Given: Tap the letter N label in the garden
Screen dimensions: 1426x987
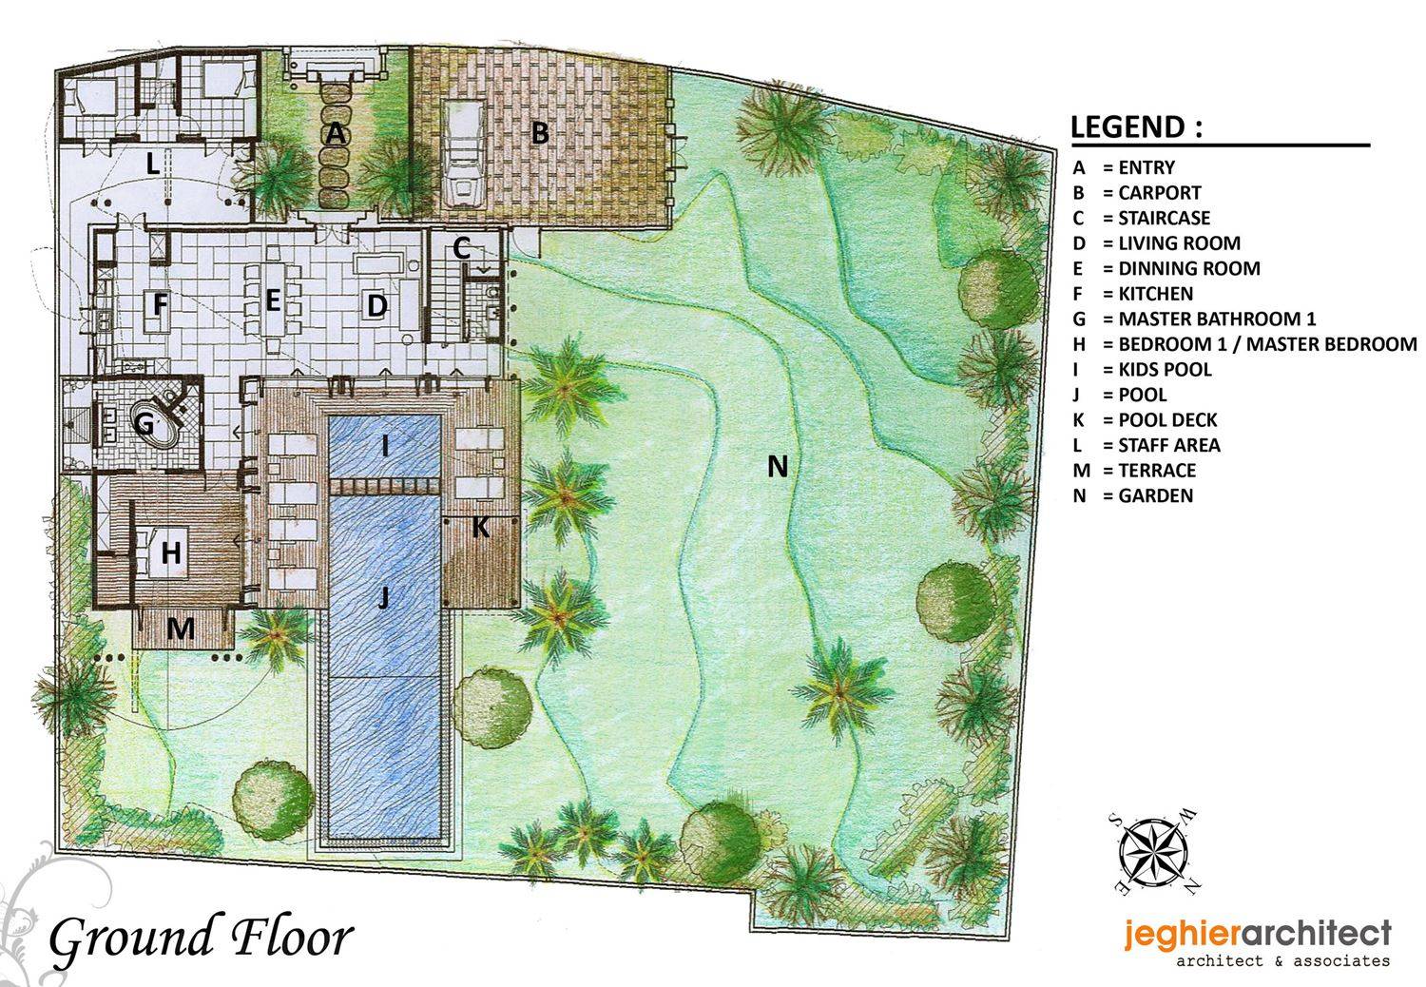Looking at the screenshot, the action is click(778, 467).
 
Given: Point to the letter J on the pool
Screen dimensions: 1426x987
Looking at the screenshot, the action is click(383, 597).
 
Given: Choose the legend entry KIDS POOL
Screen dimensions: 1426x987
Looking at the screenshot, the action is click(1165, 369).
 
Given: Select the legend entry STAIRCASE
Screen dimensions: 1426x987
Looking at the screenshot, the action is click(1165, 218).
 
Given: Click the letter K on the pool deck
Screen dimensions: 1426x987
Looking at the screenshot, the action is click(481, 527).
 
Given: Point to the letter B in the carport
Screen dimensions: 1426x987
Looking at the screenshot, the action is click(540, 133).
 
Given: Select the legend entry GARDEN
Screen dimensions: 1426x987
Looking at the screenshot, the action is click(1155, 495).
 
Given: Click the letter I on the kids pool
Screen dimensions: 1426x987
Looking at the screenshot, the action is click(384, 447).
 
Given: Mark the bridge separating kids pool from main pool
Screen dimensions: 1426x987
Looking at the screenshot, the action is click(385, 487).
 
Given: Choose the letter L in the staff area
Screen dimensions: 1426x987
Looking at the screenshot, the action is click(153, 164).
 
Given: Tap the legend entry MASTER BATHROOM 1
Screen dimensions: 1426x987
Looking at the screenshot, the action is click(1217, 319).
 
